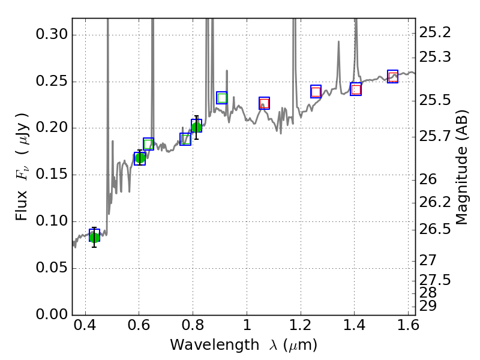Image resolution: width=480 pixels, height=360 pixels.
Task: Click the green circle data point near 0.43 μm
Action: [x=94, y=237]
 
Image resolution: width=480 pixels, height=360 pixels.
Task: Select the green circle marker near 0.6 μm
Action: [x=140, y=158]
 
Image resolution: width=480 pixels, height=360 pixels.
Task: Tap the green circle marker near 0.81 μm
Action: [x=196, y=127]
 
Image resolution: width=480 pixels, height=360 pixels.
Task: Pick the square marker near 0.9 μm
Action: [x=222, y=98]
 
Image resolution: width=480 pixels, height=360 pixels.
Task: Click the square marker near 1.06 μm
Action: [x=264, y=103]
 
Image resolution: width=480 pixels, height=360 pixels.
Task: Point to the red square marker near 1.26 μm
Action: [x=316, y=92]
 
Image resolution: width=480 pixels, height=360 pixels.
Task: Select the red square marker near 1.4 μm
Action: [x=356, y=89]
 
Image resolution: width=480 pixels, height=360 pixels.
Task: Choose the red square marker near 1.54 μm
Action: [x=393, y=76]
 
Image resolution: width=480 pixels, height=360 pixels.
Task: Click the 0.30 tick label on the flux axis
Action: [x=52, y=35]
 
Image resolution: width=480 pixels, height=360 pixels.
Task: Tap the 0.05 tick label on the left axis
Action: [x=52, y=268]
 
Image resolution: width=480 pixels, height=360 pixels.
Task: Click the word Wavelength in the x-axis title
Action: [x=203, y=345]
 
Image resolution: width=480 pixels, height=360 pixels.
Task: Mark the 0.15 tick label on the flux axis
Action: [x=52, y=175]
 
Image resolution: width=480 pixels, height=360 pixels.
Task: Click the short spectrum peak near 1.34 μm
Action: [x=338, y=43]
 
